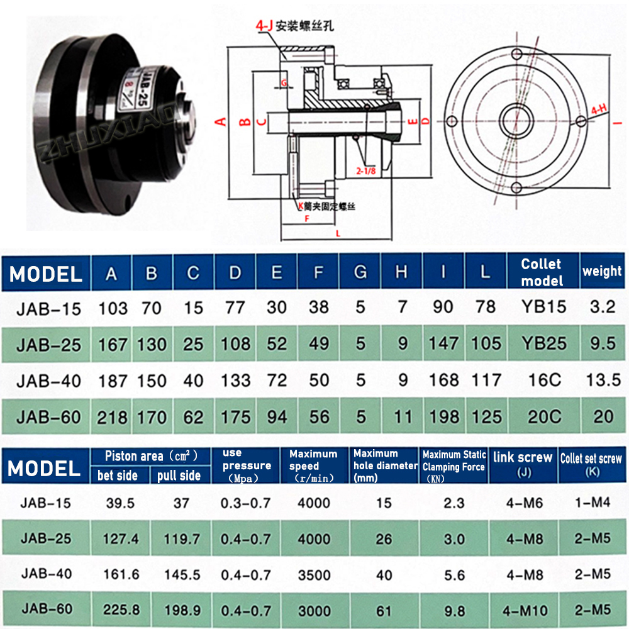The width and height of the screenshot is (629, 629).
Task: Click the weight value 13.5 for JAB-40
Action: tap(602, 380)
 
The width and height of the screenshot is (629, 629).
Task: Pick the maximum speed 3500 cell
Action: tap(314, 574)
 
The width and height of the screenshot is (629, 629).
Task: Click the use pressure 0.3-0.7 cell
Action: tap(246, 503)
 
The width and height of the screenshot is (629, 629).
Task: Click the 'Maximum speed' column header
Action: tap(313, 465)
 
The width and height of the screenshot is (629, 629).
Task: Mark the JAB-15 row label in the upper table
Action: tap(46, 308)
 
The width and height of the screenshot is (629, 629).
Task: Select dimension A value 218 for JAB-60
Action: tap(113, 417)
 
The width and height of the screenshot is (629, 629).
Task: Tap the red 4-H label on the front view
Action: tap(599, 109)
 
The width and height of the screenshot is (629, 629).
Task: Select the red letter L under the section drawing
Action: tap(338, 233)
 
